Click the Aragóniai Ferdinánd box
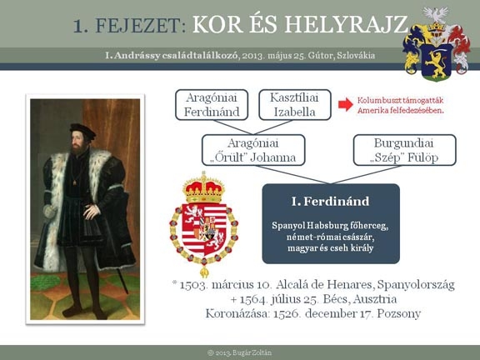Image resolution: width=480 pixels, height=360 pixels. point(212,105)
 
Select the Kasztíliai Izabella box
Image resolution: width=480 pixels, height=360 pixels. point(295,105)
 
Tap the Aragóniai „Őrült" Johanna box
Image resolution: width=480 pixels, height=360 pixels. point(253,150)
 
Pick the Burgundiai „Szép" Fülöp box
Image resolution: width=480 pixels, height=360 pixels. point(405,150)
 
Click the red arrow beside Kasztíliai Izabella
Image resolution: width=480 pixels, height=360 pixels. point(346,104)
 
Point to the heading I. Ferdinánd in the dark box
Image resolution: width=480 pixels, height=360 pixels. point(330,202)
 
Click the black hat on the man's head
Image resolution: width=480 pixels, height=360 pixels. point(82,130)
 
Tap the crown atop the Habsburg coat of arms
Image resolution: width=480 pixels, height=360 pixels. point(203,188)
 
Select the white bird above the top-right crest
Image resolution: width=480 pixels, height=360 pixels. point(435,14)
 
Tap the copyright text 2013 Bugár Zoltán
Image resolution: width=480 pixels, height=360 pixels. point(239,352)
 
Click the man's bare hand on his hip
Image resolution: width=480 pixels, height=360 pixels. point(92,211)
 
